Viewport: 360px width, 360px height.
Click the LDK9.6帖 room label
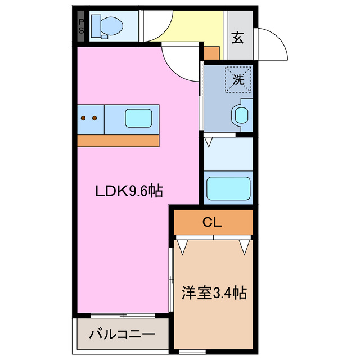pyautogui.click(x=128, y=191)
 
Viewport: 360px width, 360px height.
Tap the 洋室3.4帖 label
pyautogui.click(x=214, y=293)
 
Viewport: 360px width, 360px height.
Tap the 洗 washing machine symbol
pyautogui.click(x=238, y=80)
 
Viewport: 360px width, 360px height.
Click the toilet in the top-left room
pyautogui.click(x=107, y=25)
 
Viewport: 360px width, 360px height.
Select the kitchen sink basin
pyautogui.click(x=138, y=118)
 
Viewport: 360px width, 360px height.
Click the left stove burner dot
pyautogui.click(x=83, y=118)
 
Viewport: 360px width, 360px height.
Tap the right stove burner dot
pyautogui.click(x=94, y=118)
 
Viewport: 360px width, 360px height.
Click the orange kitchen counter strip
pyautogui.click(x=118, y=141)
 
